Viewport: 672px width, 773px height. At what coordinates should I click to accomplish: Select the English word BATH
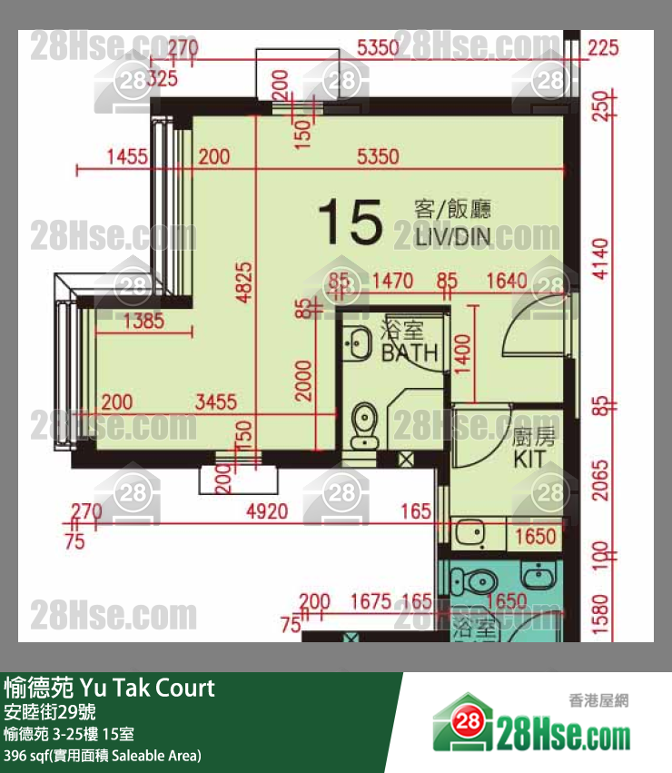pos(410,352)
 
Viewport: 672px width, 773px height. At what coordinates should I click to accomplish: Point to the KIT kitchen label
pos(530,460)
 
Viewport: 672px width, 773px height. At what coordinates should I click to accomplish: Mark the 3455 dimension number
pos(216,401)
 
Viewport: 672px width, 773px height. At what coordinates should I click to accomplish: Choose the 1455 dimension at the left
pos(126,157)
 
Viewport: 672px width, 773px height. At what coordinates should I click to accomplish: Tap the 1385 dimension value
pos(142,320)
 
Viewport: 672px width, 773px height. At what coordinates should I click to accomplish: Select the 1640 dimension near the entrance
pos(507,282)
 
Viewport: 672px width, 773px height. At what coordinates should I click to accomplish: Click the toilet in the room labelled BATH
pos(364,424)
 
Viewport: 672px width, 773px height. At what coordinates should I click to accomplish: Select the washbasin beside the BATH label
pos(357,343)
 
